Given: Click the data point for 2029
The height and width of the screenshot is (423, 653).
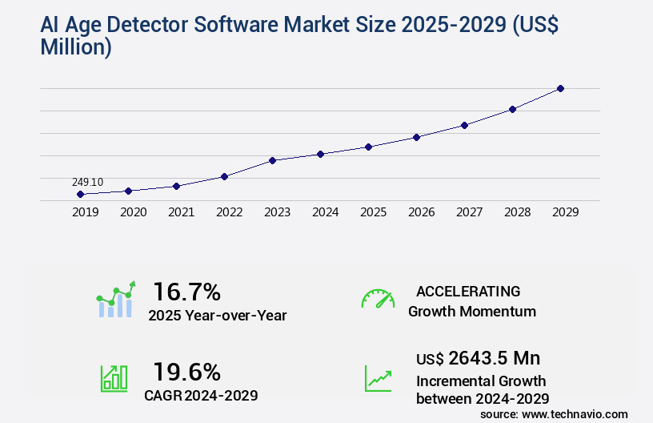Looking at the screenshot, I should point(560,88).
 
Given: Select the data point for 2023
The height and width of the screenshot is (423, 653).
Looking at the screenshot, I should point(272,160).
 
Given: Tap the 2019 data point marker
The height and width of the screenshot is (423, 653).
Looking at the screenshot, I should point(80,194).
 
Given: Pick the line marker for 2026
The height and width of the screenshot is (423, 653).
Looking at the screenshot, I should point(416,137).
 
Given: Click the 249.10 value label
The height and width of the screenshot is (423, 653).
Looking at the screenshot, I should point(87,182).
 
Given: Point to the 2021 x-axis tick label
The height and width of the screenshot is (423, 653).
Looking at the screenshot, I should point(181,212).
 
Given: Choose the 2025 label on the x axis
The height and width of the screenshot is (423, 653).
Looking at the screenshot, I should point(373,212).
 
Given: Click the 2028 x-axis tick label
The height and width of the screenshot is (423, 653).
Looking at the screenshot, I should point(517,212).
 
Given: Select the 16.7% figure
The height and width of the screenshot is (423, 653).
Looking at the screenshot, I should point(186,291).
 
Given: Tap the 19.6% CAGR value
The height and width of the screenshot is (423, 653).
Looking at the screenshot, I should point(186,372).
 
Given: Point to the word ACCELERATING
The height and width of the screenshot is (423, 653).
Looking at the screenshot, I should point(468,292).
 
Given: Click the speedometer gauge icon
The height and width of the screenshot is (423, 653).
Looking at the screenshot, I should point(378,299).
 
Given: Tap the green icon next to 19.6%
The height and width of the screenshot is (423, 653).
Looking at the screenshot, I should point(114,378).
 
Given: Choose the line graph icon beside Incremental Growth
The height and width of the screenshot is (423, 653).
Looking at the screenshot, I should point(378,378).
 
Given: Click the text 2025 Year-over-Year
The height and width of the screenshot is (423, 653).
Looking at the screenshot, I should point(217,316).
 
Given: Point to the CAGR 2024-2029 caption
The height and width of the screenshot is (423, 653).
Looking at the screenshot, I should point(202,395).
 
